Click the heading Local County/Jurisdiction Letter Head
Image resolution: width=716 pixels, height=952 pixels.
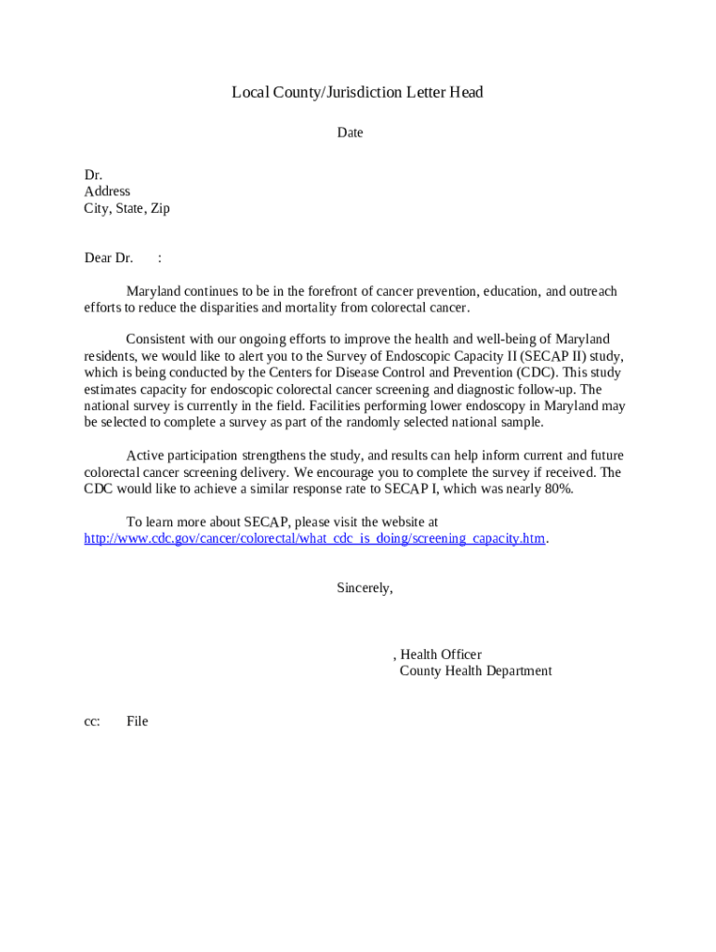pos(357,93)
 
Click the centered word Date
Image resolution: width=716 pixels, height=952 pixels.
pos(350,133)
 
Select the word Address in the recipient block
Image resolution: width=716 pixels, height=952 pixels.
pos(107,192)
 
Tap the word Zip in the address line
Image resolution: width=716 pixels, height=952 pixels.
pos(160,208)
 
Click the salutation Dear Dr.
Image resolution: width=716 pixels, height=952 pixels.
pos(109,258)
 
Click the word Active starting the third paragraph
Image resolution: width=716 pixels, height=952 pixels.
pos(145,456)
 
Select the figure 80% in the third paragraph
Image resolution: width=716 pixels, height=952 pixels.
pos(558,489)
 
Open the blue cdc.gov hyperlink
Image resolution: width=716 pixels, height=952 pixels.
pos(314,539)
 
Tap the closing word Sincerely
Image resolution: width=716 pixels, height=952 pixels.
pos(365,588)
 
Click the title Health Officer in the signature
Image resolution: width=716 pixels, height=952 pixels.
pos(441,654)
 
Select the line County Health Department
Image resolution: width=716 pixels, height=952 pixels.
pos(475,671)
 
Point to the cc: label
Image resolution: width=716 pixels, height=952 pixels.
pos(92,721)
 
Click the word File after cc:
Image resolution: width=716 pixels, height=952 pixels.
pos(138,721)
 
